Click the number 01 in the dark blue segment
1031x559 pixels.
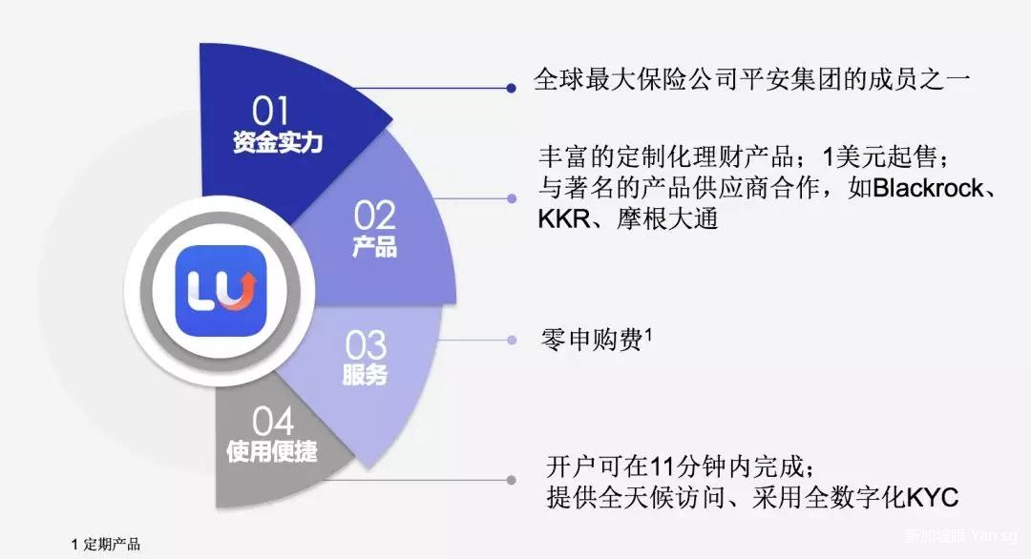[x=270, y=111]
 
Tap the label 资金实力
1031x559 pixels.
[x=278, y=142]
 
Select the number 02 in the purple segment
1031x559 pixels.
[x=374, y=216]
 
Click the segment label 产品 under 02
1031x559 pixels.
[x=374, y=246]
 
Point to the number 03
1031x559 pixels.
[x=366, y=345]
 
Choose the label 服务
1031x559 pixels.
[x=365, y=375]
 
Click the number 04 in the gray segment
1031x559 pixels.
[x=272, y=422]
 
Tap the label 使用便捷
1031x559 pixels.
[x=271, y=451]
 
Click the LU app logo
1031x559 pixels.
[x=221, y=291]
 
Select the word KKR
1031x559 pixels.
[x=563, y=218]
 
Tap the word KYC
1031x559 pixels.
[x=933, y=498]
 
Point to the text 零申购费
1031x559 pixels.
[x=591, y=341]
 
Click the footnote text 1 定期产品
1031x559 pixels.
[x=106, y=545]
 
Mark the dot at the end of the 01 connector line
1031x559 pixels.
[x=511, y=88]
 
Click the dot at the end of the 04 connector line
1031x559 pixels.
[x=511, y=480]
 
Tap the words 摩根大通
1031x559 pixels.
[x=666, y=218]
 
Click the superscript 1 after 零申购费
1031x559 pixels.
[x=648, y=334]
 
